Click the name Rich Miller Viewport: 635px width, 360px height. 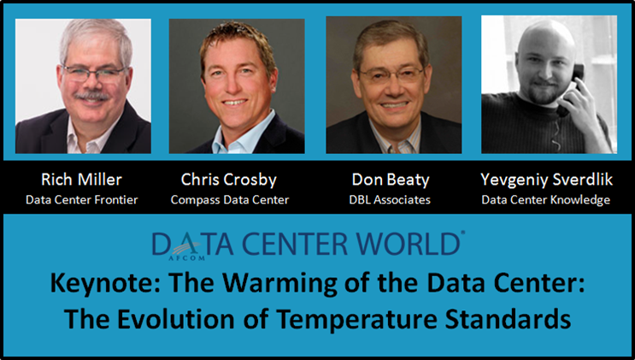(83, 180)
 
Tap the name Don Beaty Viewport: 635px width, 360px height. (393, 180)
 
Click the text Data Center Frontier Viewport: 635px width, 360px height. (83, 201)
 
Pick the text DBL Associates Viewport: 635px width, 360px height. (393, 201)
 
